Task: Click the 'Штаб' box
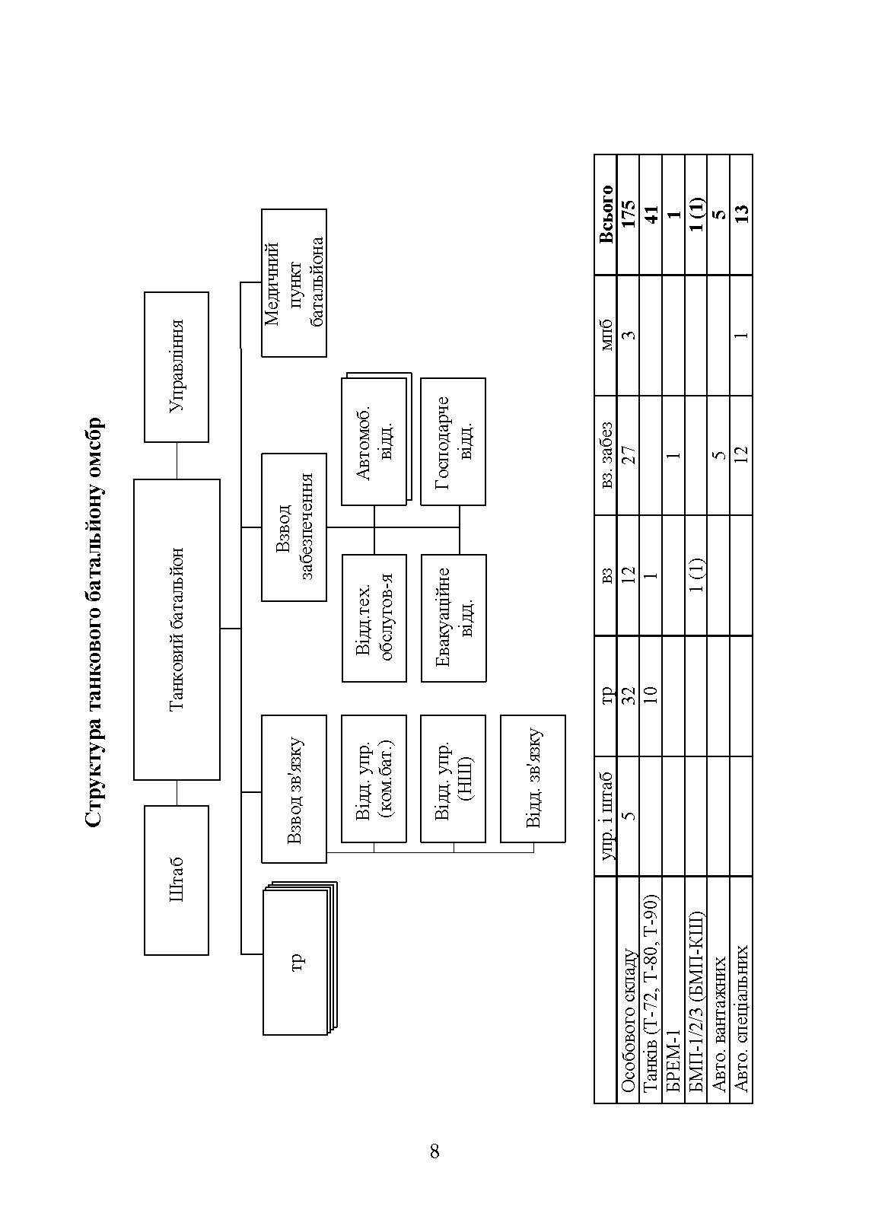pos(177,880)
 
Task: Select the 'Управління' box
pos(177,366)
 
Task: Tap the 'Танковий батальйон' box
pos(177,629)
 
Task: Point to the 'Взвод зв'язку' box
pos(294,789)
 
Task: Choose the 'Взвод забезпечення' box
pos(294,527)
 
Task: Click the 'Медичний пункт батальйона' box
pos(294,283)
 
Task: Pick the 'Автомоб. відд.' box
pos(374,442)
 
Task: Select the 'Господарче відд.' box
pos(453,441)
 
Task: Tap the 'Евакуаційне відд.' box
pos(453,618)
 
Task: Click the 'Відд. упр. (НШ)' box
pos(453,778)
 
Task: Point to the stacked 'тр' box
pos(297,961)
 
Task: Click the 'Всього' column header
pos(606,215)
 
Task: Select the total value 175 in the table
pos(629,215)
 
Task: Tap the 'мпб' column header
pos(606,335)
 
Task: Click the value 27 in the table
pos(629,455)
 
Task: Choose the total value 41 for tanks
pos(651,215)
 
